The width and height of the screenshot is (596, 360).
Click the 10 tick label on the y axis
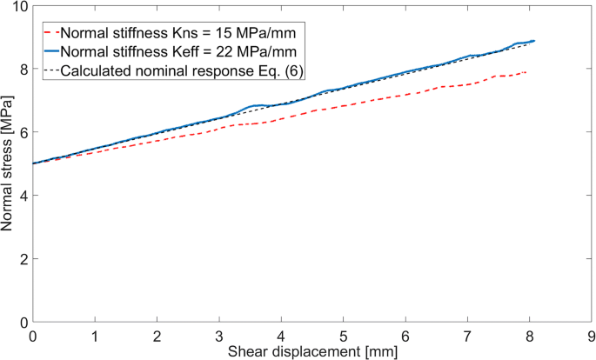click(19, 6)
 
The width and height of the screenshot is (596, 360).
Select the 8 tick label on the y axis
click(23, 69)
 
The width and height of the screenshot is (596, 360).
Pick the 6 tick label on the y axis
click(23, 132)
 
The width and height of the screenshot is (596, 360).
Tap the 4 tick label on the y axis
click(23, 196)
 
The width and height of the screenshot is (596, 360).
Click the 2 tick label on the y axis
click(23, 259)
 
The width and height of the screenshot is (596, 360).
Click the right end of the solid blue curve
click(533, 41)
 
